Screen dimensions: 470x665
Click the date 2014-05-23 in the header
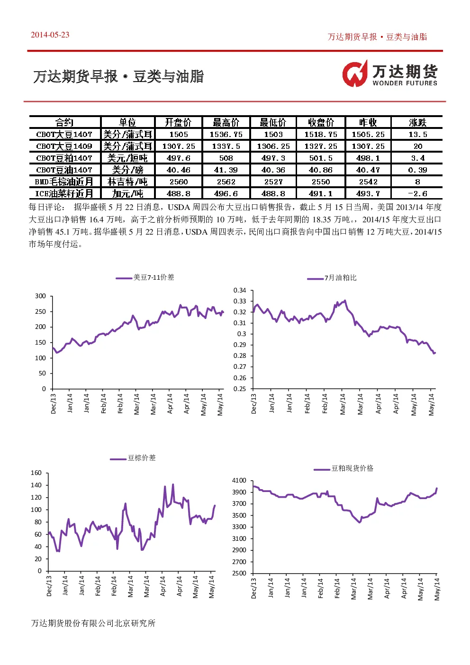coord(50,35)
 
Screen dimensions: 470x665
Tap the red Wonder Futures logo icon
coord(355,73)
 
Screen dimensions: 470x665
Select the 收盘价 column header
coord(321,122)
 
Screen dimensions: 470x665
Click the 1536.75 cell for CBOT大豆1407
coord(226,135)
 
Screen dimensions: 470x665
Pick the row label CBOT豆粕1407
coord(64,158)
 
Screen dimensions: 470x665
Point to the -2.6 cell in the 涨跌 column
coord(417,193)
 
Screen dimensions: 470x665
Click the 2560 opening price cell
coord(179,182)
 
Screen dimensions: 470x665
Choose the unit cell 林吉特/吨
coord(127,182)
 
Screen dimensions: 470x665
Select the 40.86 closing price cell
coord(321,170)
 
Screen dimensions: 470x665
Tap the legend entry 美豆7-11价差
coord(145,277)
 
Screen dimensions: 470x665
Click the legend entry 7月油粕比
coord(332,278)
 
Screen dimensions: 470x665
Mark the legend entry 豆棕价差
coord(133,458)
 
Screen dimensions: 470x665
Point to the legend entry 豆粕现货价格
coord(343,468)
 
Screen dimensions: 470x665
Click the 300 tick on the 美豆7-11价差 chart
coord(40,296)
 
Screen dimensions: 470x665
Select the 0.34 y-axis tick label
coord(240,290)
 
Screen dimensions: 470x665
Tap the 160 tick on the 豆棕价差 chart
coord(36,473)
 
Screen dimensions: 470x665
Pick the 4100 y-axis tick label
coord(239,480)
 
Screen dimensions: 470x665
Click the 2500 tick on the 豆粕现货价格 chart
coord(239,573)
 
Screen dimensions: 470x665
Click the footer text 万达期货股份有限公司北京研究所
coord(93,623)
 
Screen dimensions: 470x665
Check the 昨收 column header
coord(368,122)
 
